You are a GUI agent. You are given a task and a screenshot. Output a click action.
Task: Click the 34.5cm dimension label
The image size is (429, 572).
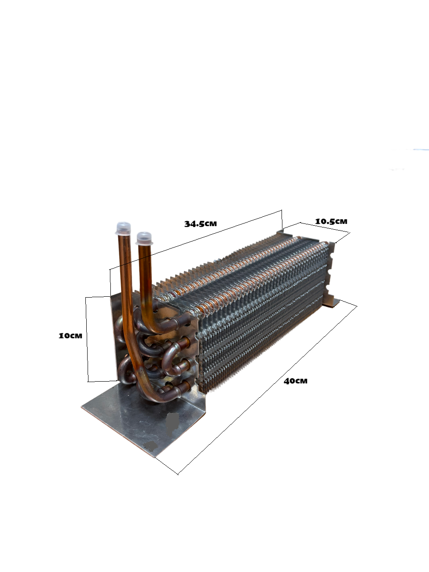click(200, 224)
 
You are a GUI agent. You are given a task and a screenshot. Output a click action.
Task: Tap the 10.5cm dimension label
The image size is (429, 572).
click(331, 221)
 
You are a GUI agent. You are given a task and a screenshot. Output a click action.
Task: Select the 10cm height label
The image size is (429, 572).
click(70, 336)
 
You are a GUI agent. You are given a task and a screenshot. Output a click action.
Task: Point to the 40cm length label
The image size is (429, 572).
click(295, 381)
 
